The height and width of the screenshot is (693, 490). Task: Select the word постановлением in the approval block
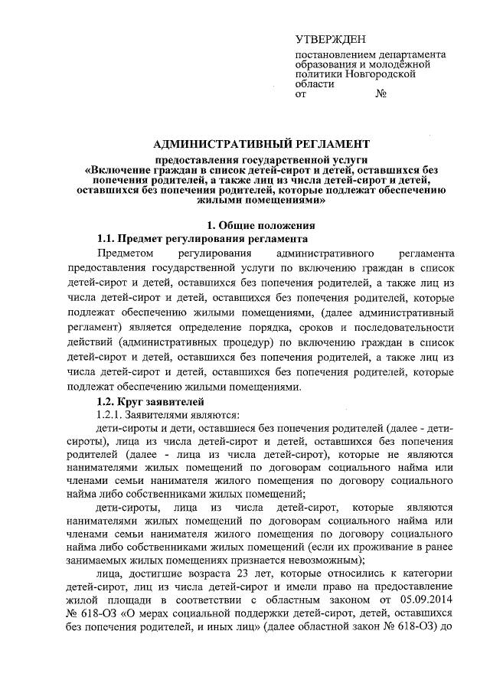point(332,55)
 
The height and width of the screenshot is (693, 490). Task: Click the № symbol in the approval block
point(381,95)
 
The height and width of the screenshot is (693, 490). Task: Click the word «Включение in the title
point(114,168)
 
